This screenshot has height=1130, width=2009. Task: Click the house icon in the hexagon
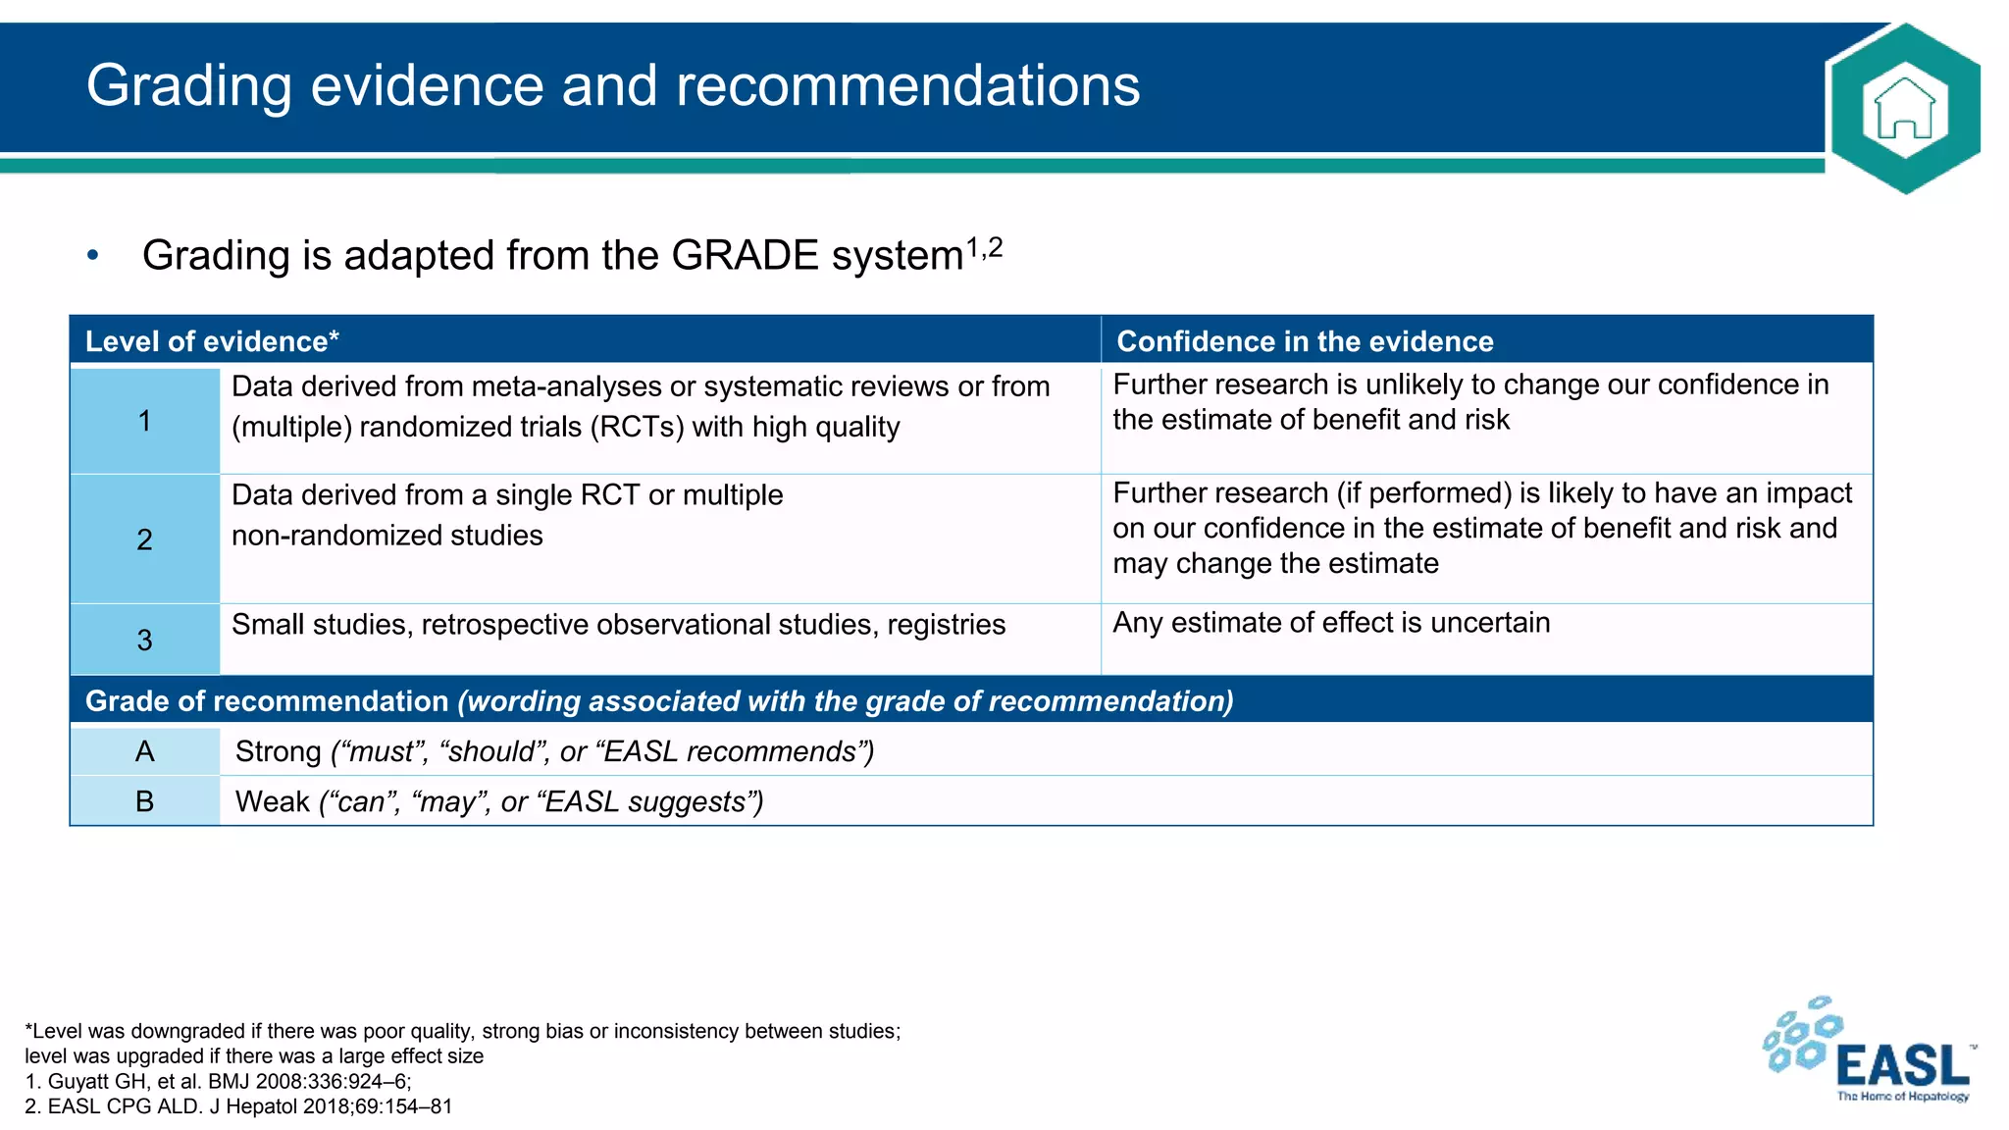click(1904, 109)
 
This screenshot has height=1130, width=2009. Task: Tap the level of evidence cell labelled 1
click(145, 421)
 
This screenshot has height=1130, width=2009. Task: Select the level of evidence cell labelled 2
click(145, 539)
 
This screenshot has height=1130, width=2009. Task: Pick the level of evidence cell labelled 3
click(145, 641)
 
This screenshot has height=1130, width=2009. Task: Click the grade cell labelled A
click(145, 751)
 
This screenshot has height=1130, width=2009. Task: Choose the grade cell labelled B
click(145, 801)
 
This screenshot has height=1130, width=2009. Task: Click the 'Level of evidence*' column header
click(212, 341)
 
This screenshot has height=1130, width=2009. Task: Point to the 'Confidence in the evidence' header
click(1305, 341)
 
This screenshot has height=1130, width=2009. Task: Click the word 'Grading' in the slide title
click(188, 86)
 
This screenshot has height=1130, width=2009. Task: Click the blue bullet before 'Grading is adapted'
click(93, 256)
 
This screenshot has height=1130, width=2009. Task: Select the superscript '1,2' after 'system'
click(984, 248)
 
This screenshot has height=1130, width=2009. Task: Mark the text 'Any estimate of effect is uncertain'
click(1331, 623)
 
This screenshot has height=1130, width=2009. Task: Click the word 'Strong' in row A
click(278, 751)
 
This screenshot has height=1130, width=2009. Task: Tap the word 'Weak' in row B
click(272, 801)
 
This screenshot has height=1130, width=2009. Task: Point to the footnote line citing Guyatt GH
click(218, 1081)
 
